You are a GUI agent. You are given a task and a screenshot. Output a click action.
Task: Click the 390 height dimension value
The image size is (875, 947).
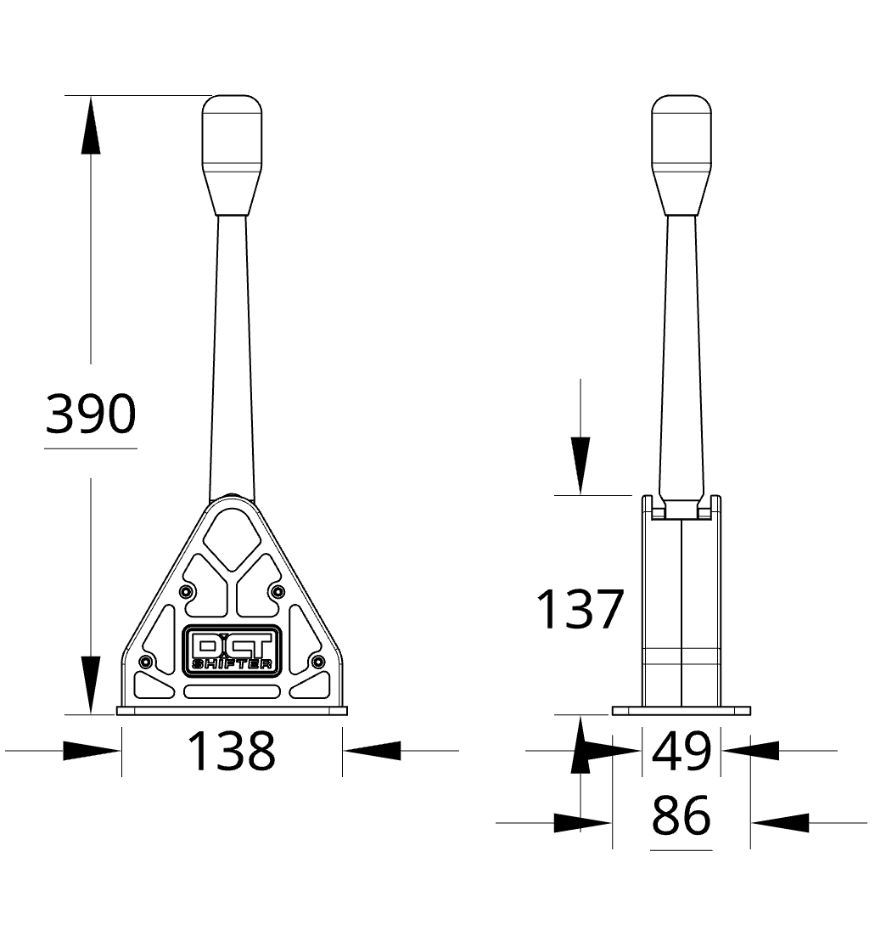click(x=91, y=414)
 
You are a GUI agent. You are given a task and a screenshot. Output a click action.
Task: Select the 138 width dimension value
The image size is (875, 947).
click(x=232, y=752)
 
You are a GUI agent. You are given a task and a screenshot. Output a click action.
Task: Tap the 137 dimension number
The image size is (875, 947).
click(x=580, y=609)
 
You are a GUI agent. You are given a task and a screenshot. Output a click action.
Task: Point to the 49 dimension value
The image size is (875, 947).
click(x=681, y=752)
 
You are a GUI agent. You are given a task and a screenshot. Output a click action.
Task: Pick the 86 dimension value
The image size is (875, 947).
click(x=681, y=816)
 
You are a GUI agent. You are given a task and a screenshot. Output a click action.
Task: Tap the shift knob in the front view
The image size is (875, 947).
click(x=232, y=155)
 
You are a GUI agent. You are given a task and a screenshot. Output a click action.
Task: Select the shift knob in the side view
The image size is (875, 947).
click(x=681, y=155)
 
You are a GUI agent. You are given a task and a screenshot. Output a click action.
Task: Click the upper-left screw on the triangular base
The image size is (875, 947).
click(x=187, y=590)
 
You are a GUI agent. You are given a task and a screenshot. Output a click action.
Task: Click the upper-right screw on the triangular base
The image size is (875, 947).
click(x=278, y=590)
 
